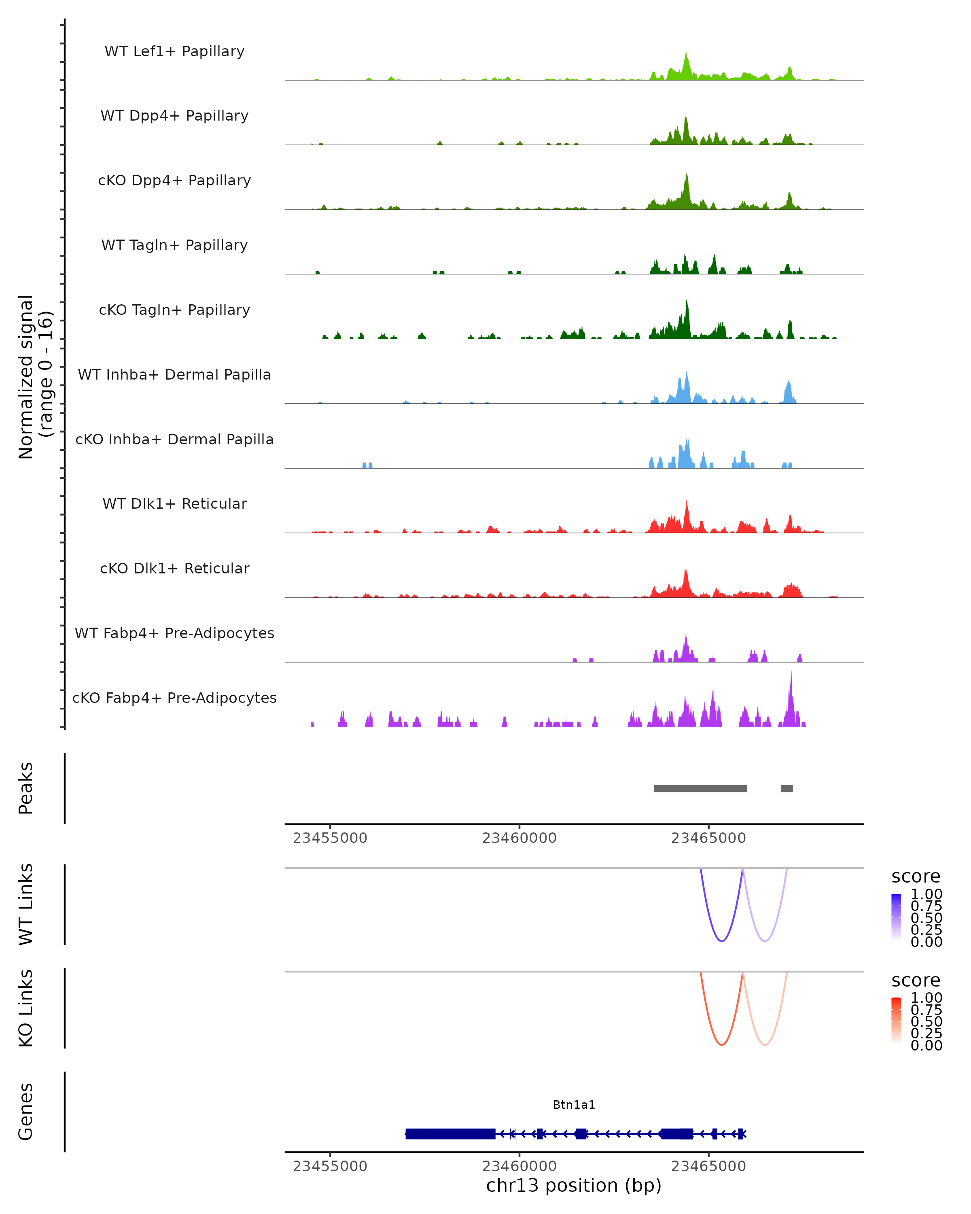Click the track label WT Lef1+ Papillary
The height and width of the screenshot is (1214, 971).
(x=174, y=51)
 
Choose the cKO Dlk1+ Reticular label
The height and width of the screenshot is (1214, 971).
(x=174, y=568)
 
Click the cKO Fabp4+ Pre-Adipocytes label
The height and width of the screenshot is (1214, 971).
(x=174, y=698)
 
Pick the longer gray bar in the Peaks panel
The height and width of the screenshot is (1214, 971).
(x=700, y=788)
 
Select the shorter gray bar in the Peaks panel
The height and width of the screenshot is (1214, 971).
(x=787, y=788)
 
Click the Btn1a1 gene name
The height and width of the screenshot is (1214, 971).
(x=574, y=1105)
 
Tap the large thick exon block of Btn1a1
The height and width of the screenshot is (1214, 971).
(x=450, y=1133)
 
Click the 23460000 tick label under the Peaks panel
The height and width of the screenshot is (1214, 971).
(x=519, y=838)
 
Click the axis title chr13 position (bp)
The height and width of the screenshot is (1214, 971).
(x=574, y=1185)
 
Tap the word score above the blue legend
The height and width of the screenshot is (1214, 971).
(x=916, y=877)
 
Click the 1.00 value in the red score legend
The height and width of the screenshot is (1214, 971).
(x=926, y=998)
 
